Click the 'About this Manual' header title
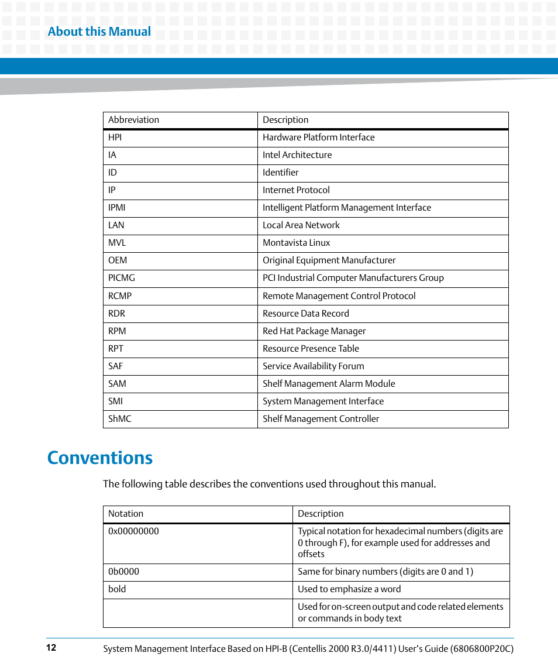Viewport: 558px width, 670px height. (x=99, y=32)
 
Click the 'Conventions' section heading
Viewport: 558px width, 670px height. (x=100, y=458)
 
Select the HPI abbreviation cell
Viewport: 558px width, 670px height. (x=115, y=138)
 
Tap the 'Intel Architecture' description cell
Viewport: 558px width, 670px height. (x=297, y=155)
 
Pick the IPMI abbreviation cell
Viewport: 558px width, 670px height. (x=117, y=208)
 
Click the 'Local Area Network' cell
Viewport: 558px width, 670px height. (x=301, y=225)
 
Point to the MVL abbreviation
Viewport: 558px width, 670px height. (x=117, y=243)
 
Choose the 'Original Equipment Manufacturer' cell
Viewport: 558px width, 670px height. (x=329, y=260)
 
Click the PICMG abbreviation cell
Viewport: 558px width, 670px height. (x=122, y=278)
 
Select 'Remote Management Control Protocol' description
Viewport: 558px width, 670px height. (x=339, y=296)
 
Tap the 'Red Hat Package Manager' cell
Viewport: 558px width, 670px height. (x=314, y=331)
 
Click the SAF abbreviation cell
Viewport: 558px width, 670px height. (x=116, y=366)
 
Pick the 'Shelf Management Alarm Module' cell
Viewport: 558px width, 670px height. (x=329, y=384)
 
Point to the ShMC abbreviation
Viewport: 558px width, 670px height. (x=120, y=419)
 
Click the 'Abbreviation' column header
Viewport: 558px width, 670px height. (x=134, y=120)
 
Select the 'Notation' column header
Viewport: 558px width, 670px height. (x=126, y=514)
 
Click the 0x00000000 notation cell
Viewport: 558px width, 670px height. (x=133, y=531)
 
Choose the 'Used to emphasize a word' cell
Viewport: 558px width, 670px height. (x=349, y=589)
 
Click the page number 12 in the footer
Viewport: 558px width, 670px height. (x=51, y=648)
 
